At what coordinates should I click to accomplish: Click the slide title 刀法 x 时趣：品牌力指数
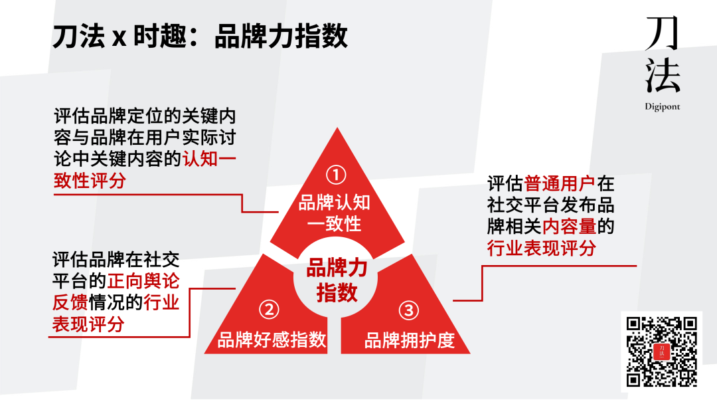click(200, 37)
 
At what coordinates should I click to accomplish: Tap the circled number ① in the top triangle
click(337, 175)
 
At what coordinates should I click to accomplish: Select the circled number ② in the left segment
click(268, 309)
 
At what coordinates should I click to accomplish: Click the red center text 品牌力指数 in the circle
click(337, 280)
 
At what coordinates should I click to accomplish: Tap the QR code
click(662, 351)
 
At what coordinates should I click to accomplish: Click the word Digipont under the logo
click(663, 106)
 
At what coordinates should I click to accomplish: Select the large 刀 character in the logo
click(663, 33)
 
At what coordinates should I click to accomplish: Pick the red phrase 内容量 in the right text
click(569, 227)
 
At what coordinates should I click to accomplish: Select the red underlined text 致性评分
click(90, 181)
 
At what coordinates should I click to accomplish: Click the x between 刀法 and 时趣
click(119, 38)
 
